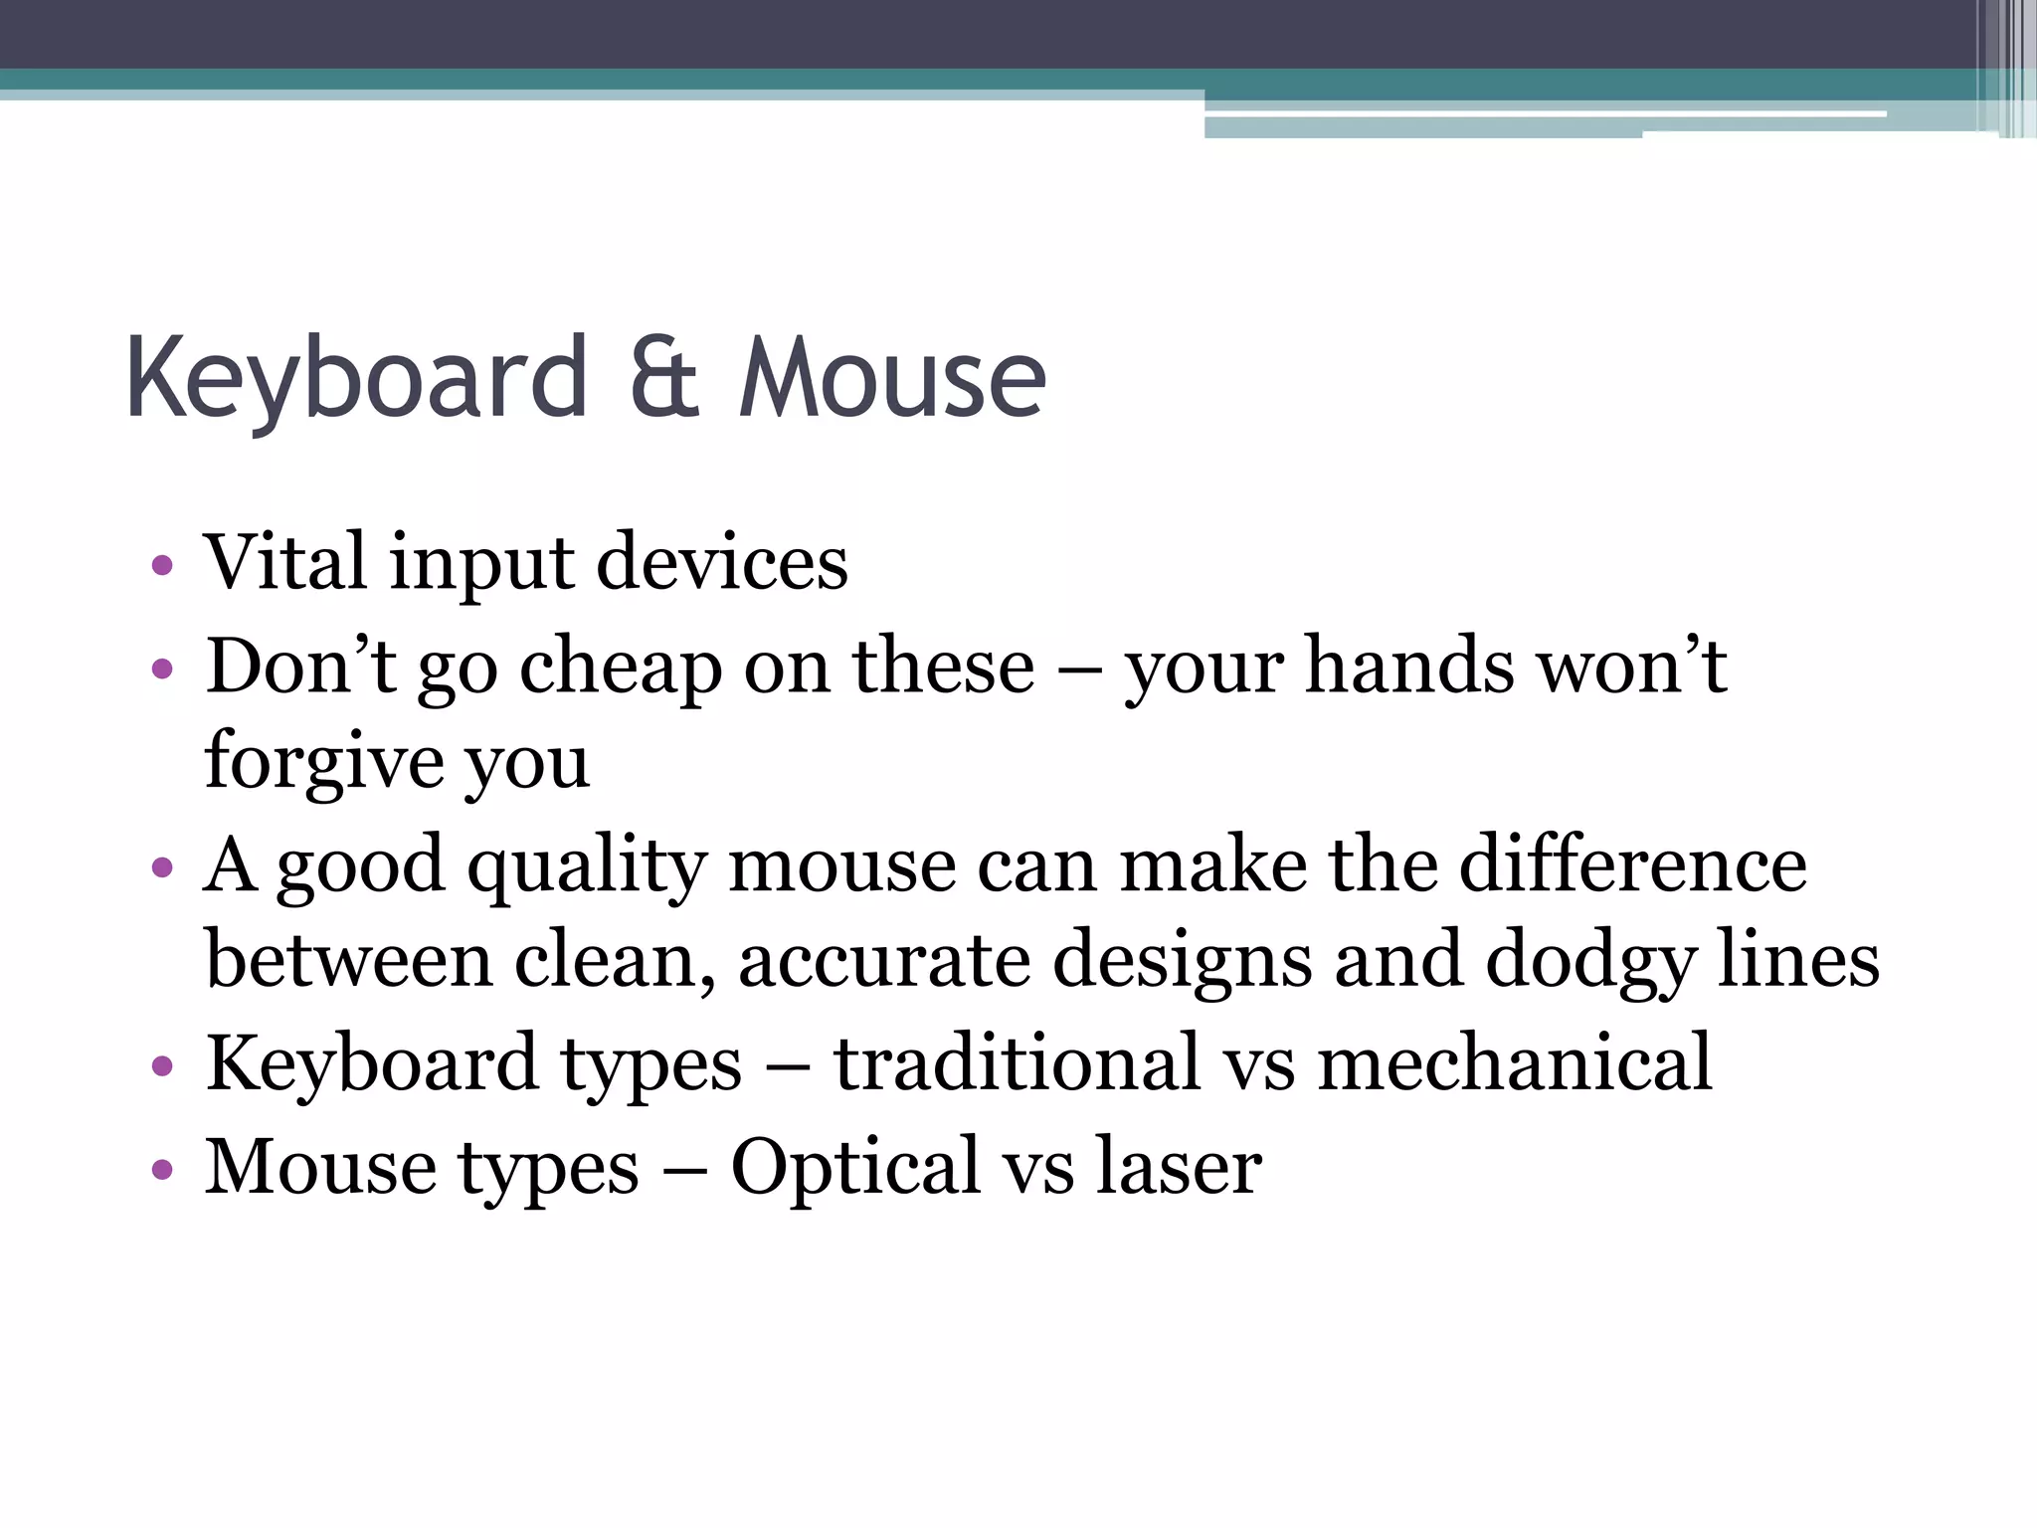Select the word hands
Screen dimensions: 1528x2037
click(1409, 667)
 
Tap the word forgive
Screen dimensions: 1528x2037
click(323, 761)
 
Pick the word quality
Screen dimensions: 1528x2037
click(587, 865)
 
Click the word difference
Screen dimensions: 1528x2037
click(1632, 865)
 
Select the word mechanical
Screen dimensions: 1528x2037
click(1514, 1063)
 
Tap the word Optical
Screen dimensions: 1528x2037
click(855, 1167)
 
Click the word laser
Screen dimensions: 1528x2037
click(1179, 1167)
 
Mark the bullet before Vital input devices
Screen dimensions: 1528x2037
click(162, 567)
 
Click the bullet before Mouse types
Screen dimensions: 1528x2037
click(162, 1169)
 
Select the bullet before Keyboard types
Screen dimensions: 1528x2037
click(162, 1067)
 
